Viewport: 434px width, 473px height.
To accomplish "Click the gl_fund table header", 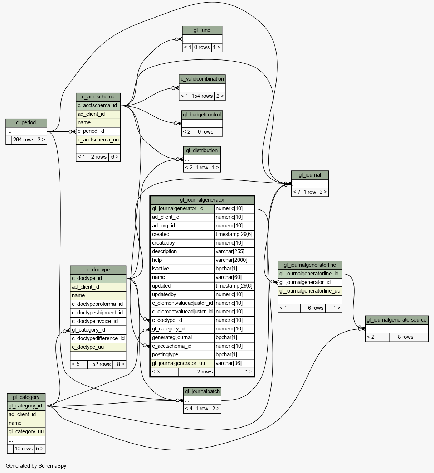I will click(x=202, y=30).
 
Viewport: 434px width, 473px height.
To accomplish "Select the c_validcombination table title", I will click(x=202, y=79).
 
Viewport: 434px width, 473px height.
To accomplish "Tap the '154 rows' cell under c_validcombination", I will click(x=202, y=96).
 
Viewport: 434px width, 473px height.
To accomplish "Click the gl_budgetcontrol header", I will click(x=202, y=115).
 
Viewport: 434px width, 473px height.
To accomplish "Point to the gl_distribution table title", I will click(x=202, y=151).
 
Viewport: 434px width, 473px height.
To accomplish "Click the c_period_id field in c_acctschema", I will click(x=91, y=131).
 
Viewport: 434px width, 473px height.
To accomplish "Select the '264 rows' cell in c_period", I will click(x=24, y=140).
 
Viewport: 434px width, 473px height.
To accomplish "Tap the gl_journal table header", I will click(x=310, y=175).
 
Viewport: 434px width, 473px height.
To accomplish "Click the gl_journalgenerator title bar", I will click(x=202, y=200).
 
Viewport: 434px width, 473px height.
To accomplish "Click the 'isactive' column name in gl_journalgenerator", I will click(x=160, y=269).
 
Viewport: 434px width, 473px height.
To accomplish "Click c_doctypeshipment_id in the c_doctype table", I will click(x=97, y=313).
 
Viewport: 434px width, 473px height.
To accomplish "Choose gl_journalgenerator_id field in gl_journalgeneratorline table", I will click(x=305, y=283).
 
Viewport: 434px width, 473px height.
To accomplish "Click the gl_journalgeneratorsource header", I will click(x=396, y=320).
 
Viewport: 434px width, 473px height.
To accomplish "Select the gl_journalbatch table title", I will click(x=202, y=392).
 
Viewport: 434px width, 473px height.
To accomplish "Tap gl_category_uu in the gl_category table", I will click(x=26, y=432).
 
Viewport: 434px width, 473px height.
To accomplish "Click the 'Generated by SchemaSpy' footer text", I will click(x=36, y=466).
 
